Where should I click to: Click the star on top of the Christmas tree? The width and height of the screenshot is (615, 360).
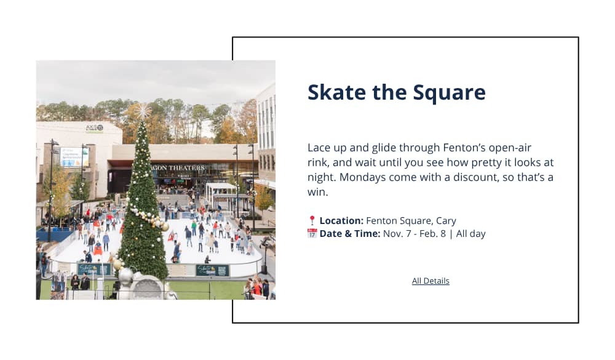coord(143,111)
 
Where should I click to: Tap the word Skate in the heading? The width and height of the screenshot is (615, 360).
coord(336,92)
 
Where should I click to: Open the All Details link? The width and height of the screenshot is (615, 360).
coord(430,281)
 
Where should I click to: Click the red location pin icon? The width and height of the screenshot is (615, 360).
coord(312,220)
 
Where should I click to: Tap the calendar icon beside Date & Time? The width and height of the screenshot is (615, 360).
coord(312,233)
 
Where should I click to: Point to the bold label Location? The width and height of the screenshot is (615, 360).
coord(341,221)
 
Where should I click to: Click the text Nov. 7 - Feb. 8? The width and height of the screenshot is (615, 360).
coord(414,234)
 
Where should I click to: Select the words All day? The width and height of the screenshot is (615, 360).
coord(470,234)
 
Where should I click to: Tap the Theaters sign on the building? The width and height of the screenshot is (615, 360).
coord(179,167)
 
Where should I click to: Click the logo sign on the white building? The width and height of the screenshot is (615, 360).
coord(95,128)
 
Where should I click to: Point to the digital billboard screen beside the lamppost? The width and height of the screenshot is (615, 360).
coord(74,157)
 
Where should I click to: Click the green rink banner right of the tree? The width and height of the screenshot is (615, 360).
coord(212,270)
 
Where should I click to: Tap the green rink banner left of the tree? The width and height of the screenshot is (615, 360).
coord(94,269)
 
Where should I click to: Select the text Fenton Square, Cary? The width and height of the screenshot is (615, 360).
coord(411,221)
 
